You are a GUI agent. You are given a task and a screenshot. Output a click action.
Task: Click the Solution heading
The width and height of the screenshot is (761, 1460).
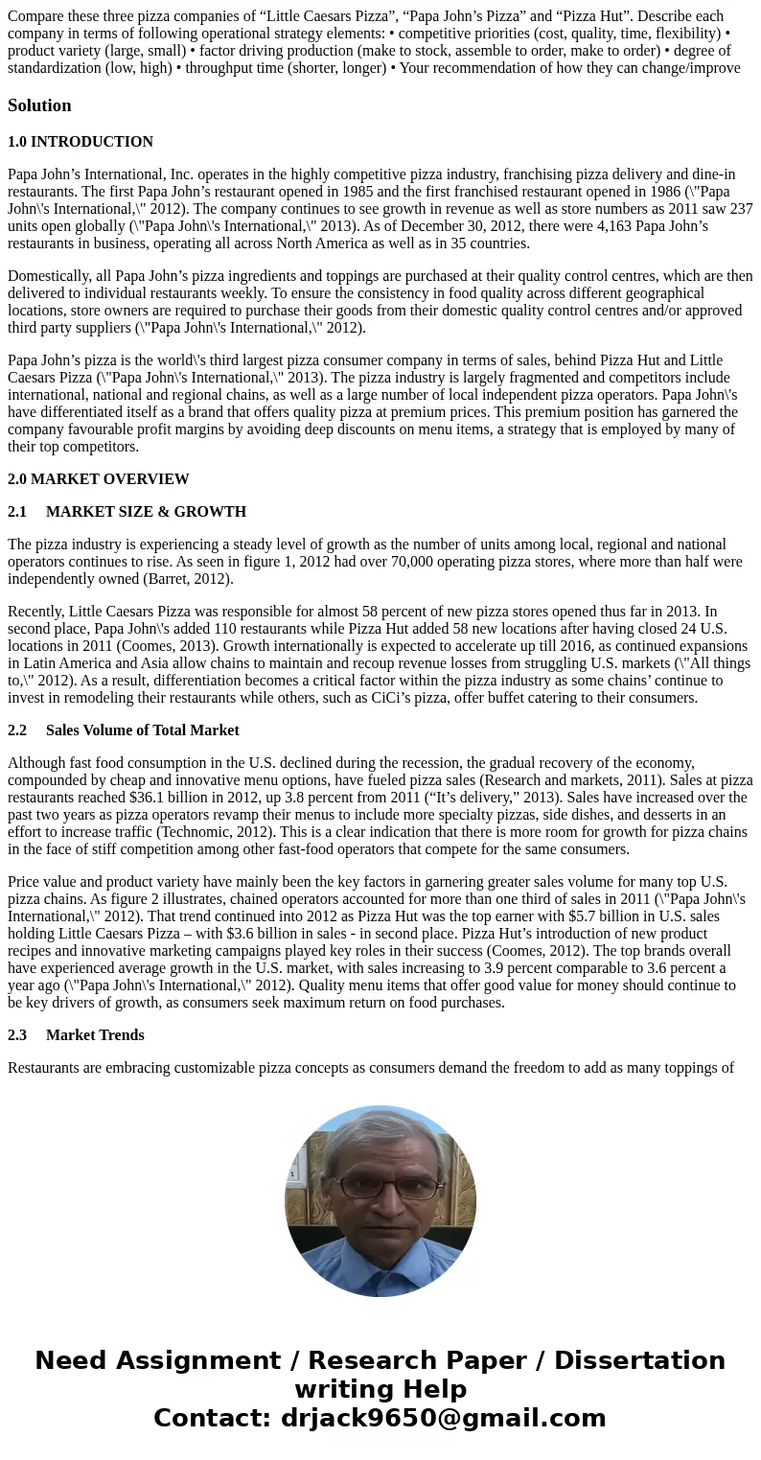pos(39,105)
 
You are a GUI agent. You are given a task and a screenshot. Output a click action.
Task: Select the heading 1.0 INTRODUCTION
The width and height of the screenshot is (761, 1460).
pos(81,142)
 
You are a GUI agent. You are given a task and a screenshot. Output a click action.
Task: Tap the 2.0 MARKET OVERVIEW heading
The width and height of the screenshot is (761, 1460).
pos(99,479)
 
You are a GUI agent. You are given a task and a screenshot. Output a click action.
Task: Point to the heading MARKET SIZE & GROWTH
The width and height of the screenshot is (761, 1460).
pos(146,512)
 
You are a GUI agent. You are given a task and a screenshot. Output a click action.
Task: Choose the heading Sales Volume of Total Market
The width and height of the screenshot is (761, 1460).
pos(142,730)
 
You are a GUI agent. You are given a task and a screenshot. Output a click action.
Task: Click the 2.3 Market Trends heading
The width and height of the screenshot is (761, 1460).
pos(76,1035)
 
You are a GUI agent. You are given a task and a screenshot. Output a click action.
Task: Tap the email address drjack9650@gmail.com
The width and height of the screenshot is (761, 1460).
pos(443,1419)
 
